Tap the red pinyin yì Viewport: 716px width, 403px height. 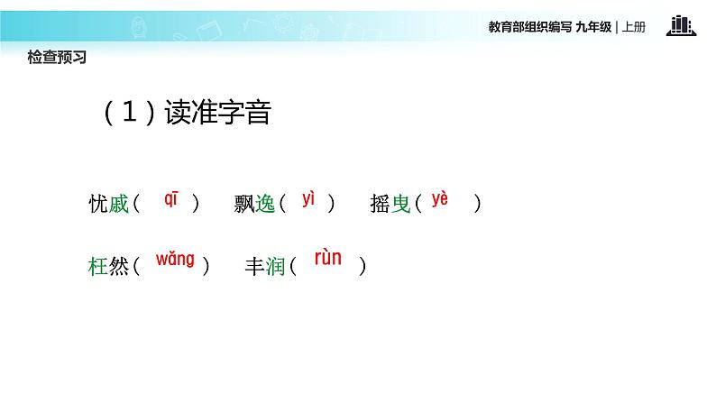(308, 200)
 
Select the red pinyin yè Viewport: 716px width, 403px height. (439, 199)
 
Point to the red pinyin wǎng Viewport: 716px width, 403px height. (175, 260)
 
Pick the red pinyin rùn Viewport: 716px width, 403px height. (328, 258)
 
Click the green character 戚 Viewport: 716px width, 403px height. (120, 205)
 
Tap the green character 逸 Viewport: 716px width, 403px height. (265, 205)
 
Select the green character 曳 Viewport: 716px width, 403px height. (401, 205)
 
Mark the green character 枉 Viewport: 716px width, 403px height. (98, 267)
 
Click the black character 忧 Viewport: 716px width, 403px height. (98, 205)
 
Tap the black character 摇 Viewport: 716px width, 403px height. (380, 205)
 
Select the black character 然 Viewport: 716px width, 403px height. (120, 267)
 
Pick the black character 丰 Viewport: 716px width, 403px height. (255, 267)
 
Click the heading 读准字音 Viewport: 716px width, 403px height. (218, 114)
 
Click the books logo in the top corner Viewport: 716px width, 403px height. (681, 25)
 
